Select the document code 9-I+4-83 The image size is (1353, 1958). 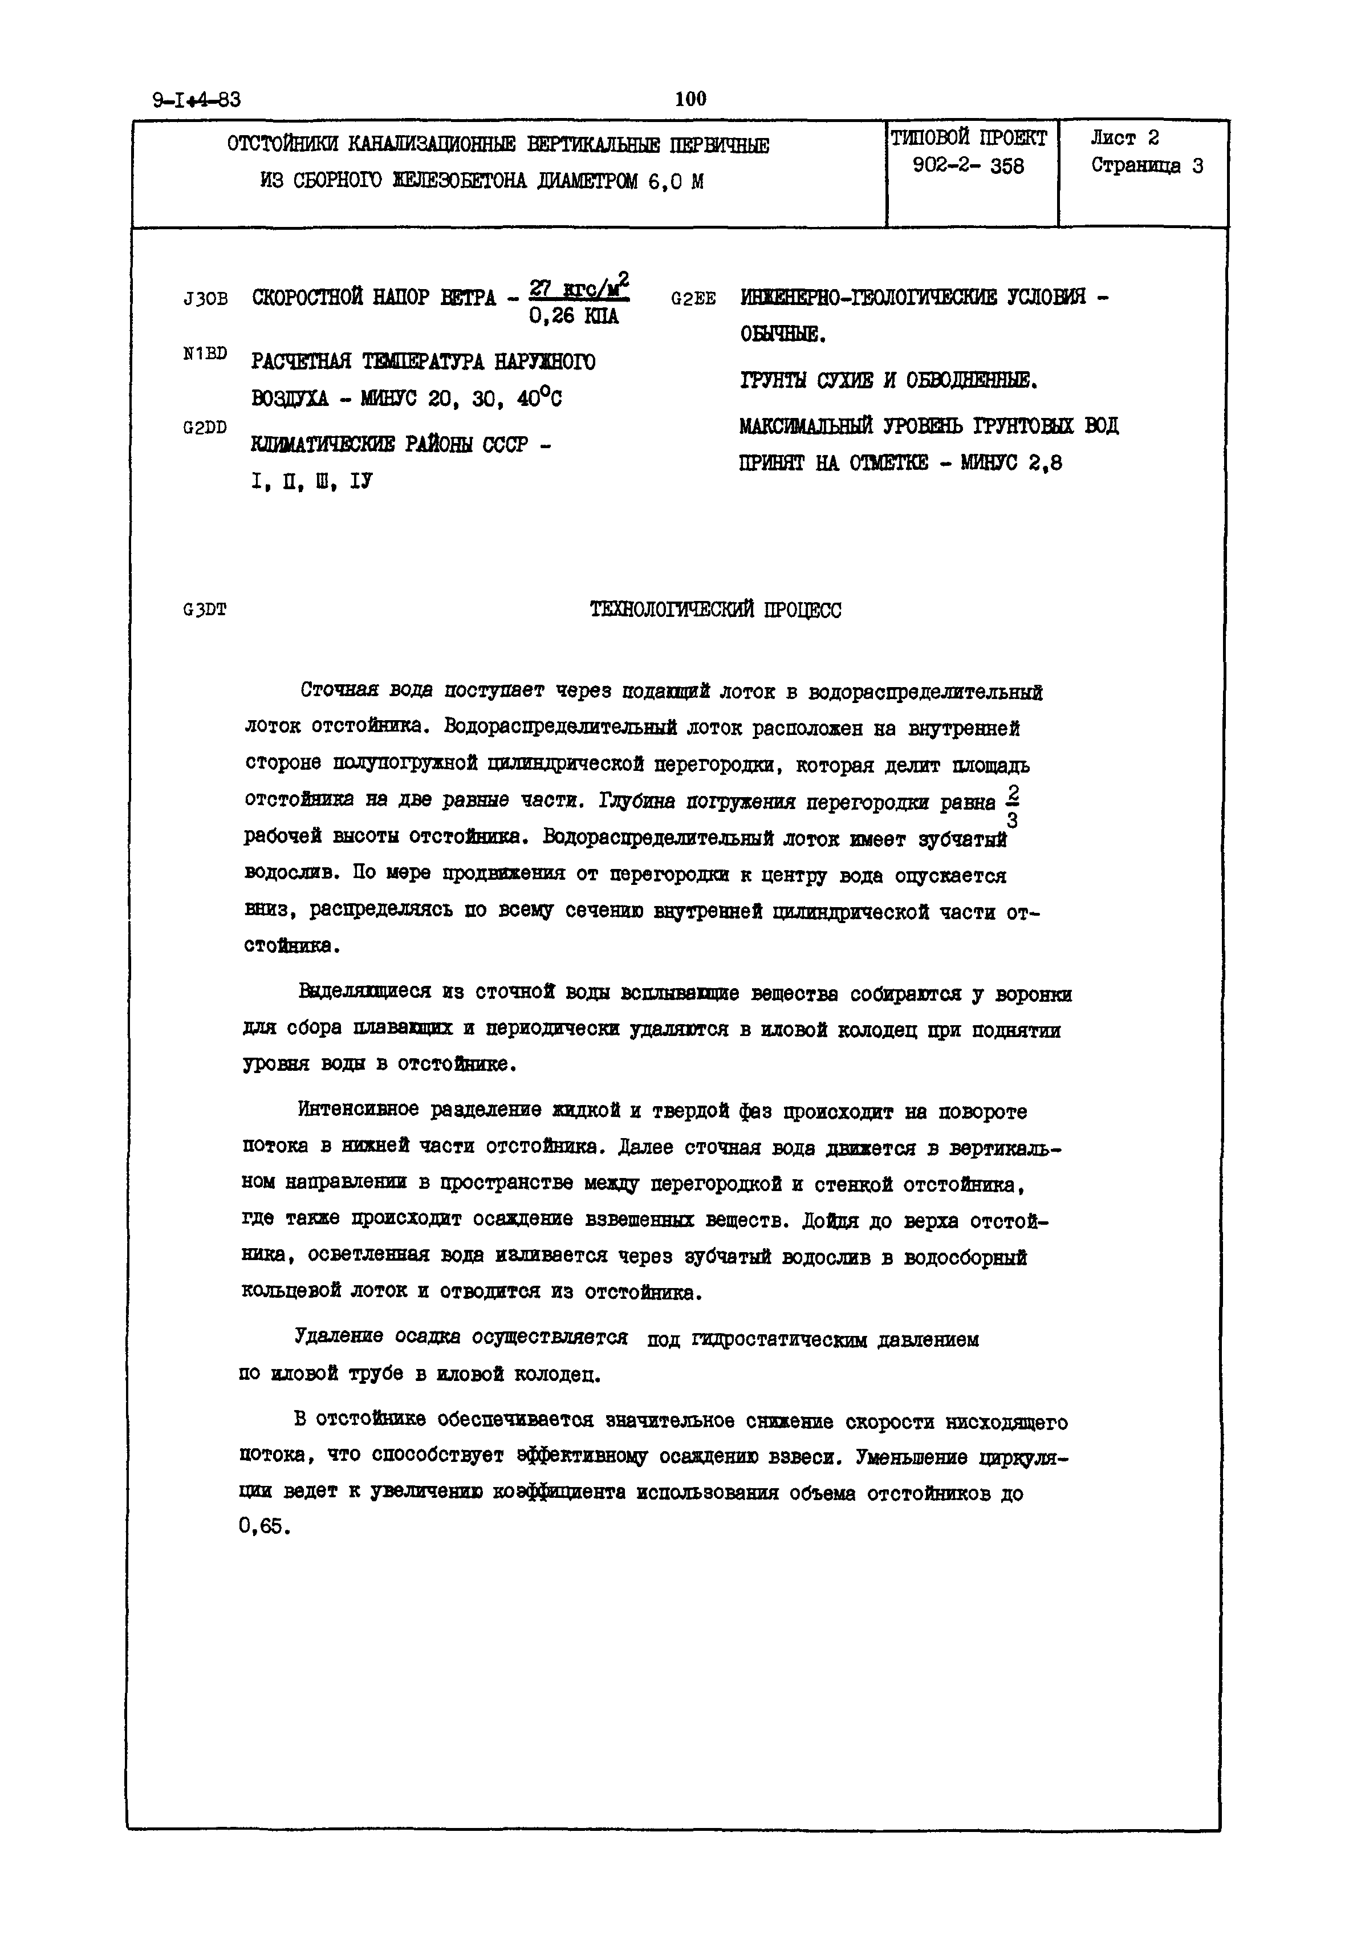197,100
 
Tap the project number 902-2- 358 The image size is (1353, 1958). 968,166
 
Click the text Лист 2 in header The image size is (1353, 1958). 1124,138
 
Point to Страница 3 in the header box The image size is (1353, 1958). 1146,166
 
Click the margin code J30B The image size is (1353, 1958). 205,299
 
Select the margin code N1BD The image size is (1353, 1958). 205,354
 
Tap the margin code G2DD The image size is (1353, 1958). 205,428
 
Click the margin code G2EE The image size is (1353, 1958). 693,299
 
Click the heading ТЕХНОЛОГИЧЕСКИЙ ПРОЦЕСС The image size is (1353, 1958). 716,610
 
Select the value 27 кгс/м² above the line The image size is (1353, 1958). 578,288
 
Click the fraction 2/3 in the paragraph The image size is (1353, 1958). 1012,807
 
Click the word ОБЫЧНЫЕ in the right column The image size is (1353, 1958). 782,336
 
